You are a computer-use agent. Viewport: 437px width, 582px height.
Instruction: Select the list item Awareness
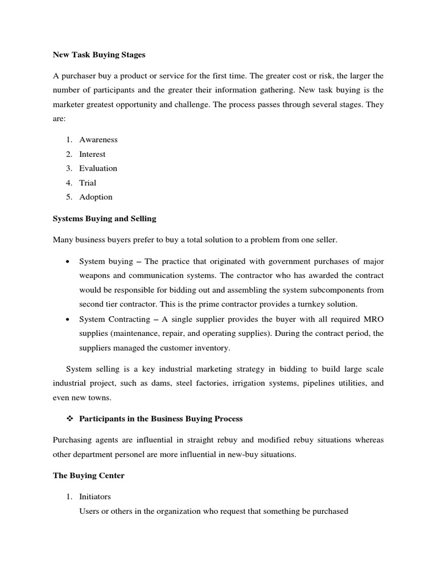pos(98,140)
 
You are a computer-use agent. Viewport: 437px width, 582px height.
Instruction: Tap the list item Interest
pos(92,154)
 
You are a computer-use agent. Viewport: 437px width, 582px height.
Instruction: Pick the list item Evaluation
pos(98,168)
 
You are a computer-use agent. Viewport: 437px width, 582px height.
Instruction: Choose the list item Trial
pos(88,182)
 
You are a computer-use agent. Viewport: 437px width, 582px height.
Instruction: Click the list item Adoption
pos(96,197)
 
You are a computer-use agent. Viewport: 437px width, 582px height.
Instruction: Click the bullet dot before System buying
pos(68,261)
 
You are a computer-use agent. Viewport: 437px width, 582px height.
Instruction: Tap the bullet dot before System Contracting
pos(68,318)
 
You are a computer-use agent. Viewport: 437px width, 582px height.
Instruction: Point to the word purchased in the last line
pos(328,512)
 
